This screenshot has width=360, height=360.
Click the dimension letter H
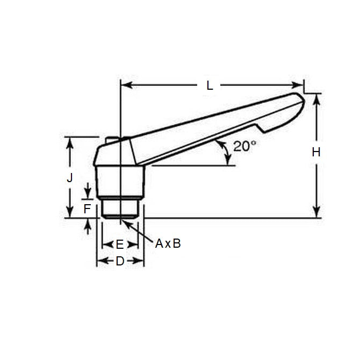tap(316, 152)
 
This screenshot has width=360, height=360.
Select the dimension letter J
tap(69, 178)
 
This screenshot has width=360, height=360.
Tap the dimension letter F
tap(87, 208)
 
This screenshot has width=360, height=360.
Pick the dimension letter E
tap(120, 245)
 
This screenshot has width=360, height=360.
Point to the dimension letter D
tap(120, 262)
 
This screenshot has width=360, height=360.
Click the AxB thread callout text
tap(168, 243)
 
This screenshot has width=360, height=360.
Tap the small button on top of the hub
tap(112, 140)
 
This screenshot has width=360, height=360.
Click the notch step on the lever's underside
tap(260, 129)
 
